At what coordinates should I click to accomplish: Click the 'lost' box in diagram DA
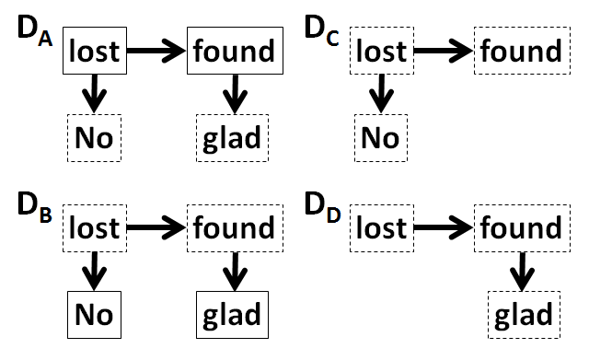coord(95,51)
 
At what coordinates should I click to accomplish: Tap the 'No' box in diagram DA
coord(95,138)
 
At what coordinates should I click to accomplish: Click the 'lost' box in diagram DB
coord(95,226)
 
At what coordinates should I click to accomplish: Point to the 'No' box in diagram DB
coord(95,313)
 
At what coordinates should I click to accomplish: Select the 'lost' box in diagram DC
coord(381,51)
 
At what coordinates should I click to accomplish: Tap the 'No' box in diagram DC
coord(381,138)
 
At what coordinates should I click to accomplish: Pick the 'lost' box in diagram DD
coord(381,226)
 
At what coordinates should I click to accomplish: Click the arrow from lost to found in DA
coord(157,51)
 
